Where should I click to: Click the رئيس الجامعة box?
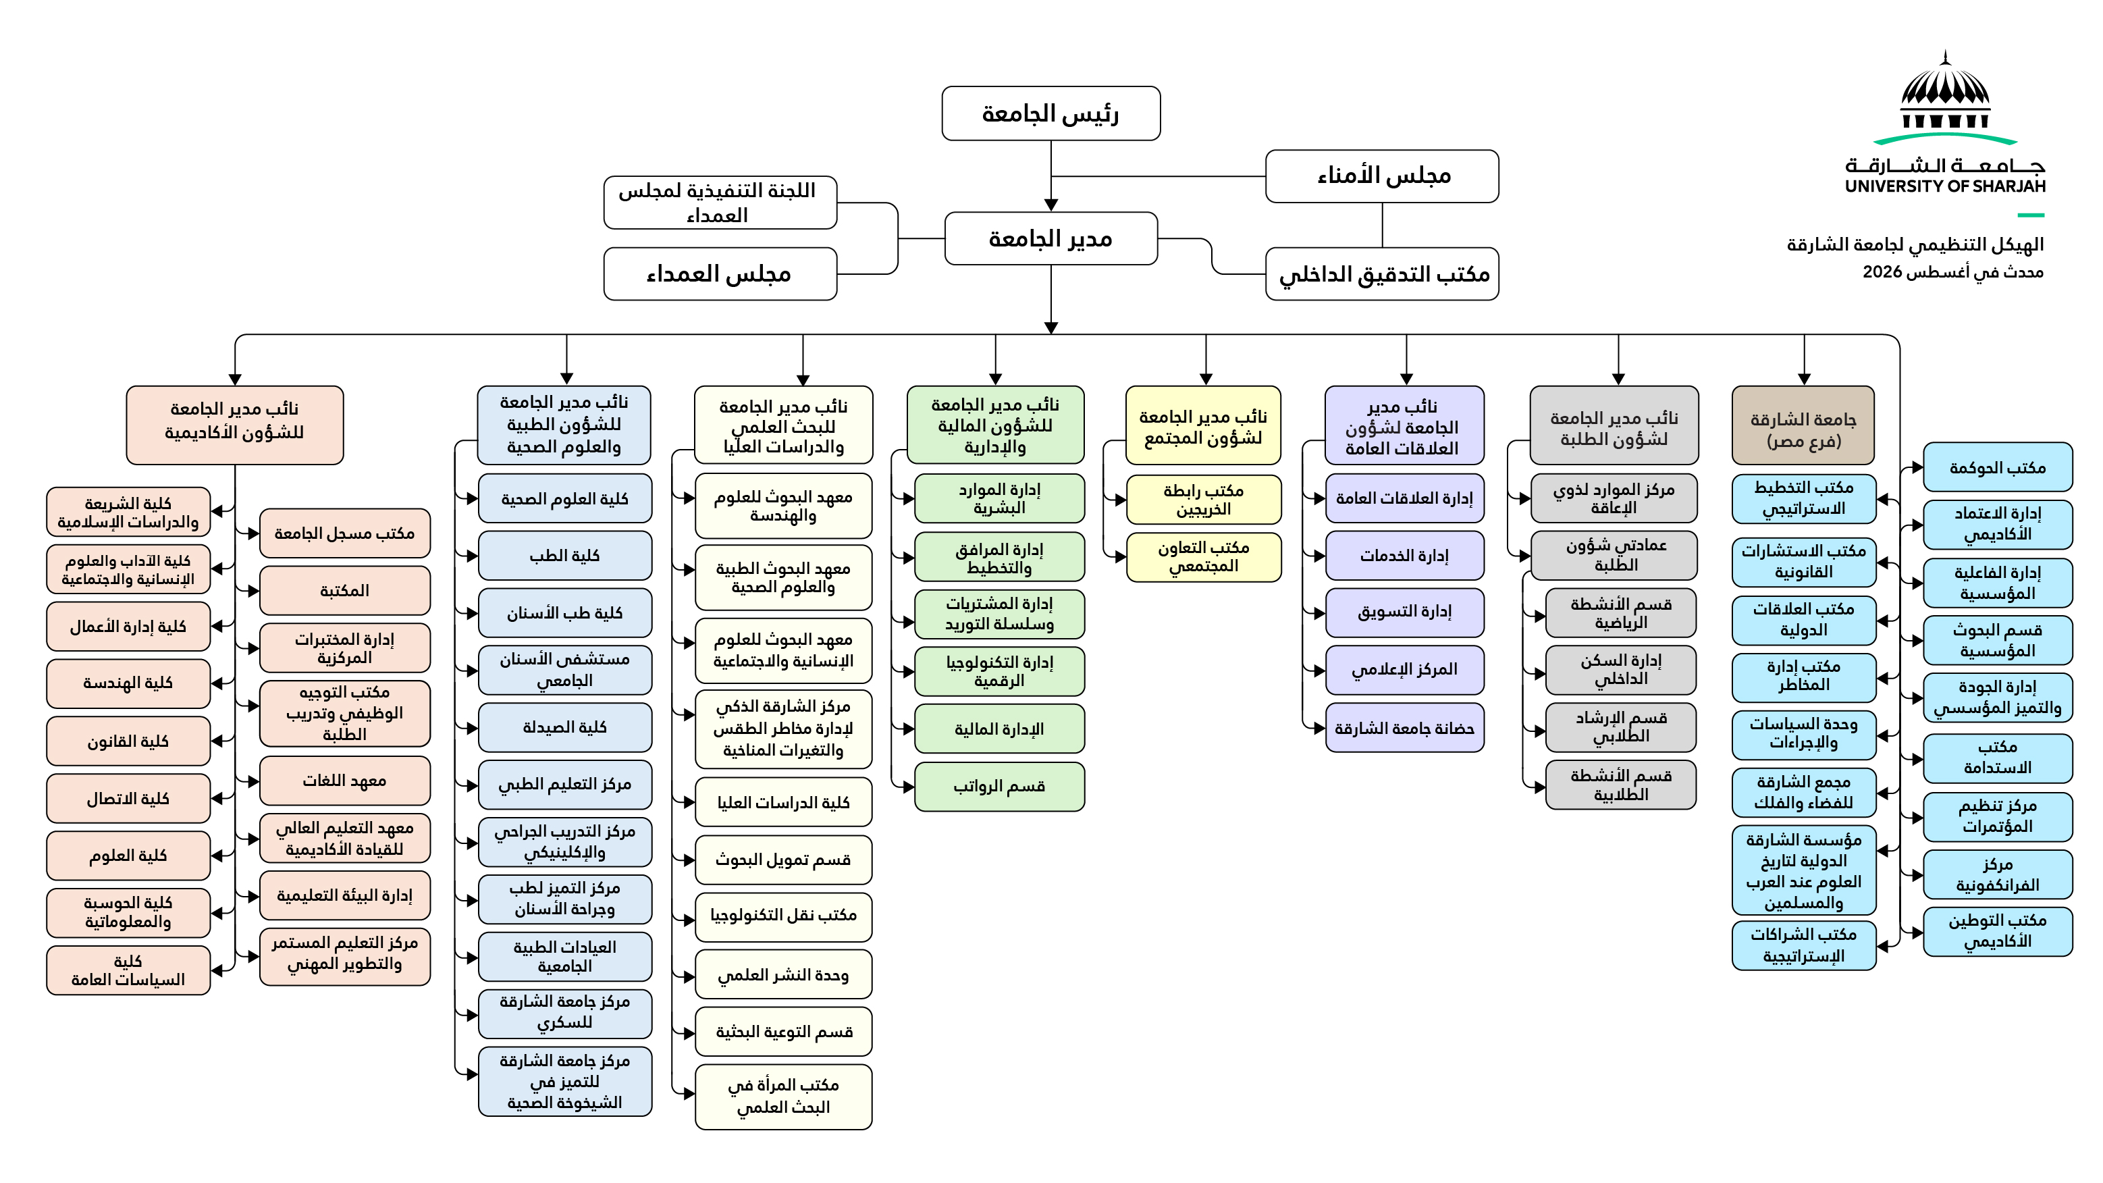click(1050, 113)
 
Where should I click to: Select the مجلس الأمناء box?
click(1382, 176)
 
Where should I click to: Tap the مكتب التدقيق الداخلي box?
click(1382, 274)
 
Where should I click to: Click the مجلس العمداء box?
click(720, 274)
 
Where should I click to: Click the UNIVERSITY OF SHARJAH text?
click(1946, 186)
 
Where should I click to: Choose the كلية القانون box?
click(128, 741)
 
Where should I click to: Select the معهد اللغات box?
click(344, 781)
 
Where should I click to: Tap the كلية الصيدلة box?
click(565, 727)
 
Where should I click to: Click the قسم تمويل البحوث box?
click(784, 860)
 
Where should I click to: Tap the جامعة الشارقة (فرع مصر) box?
click(1803, 425)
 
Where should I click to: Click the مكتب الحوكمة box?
click(1998, 468)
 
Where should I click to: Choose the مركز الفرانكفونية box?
click(1998, 874)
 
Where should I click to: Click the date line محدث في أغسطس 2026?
click(1952, 272)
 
